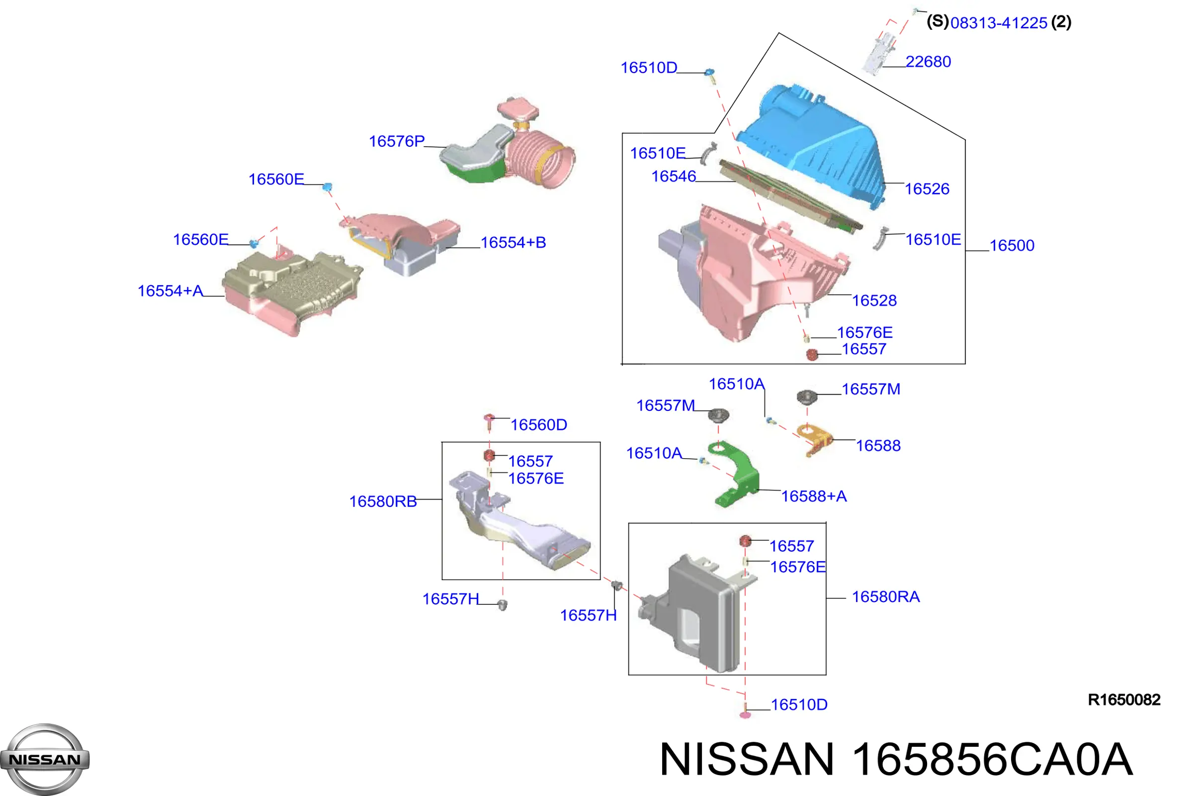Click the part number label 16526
tap(927, 189)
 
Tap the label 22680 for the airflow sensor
tap(928, 61)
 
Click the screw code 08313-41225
tap(999, 23)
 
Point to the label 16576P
tap(397, 141)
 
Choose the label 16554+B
tap(513, 242)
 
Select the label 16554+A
tap(170, 291)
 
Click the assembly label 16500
tap(1012, 245)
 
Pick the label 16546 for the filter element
tap(674, 176)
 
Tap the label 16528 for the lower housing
tap(874, 300)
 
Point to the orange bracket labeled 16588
tap(814, 439)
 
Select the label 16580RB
tap(383, 501)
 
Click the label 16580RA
tap(886, 597)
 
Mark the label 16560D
tap(539, 424)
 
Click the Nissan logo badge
tap(45, 760)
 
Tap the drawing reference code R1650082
tap(1124, 700)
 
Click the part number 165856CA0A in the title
tap(992, 760)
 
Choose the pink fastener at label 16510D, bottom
tap(745, 711)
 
